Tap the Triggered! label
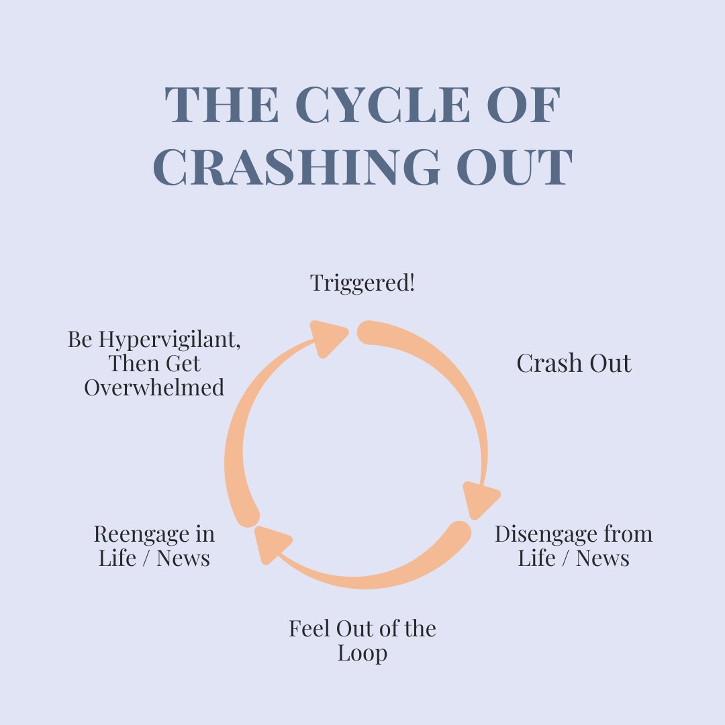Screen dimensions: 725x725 [362, 283]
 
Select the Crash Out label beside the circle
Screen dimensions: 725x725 [574, 363]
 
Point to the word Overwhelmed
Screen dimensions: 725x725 [154, 387]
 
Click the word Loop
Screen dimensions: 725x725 [362, 652]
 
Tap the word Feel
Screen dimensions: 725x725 [307, 629]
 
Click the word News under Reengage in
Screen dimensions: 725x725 [183, 558]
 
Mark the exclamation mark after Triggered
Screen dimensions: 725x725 [412, 283]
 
